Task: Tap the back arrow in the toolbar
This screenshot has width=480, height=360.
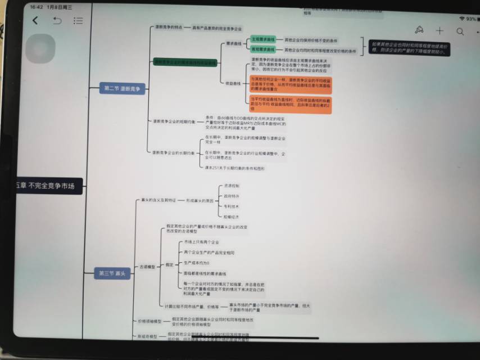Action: point(35,20)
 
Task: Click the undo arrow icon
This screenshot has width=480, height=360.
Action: point(57,21)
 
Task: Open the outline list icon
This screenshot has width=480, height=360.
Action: point(78,21)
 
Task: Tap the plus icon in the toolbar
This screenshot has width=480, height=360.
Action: point(440,31)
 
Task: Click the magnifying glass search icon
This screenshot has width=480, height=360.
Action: point(460,31)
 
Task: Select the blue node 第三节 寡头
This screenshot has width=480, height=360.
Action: point(112,273)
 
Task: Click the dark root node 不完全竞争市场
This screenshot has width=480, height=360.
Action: point(49,186)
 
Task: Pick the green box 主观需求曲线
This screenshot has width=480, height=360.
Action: point(263,40)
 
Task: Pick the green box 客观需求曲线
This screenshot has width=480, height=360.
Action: point(263,50)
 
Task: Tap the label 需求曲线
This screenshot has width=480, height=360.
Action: point(233,43)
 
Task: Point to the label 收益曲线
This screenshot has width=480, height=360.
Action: point(233,83)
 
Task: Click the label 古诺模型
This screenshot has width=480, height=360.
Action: point(147,267)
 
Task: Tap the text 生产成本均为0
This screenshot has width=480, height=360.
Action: point(197,263)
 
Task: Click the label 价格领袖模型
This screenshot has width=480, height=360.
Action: point(150,321)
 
